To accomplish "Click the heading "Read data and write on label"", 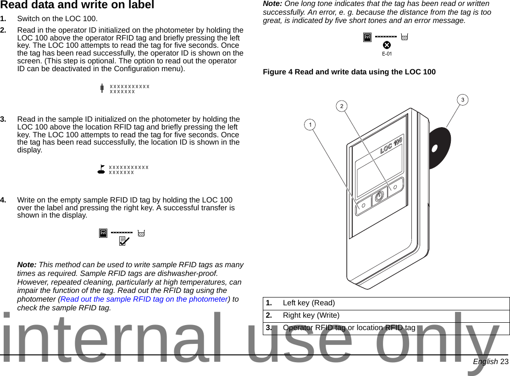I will (77, 5).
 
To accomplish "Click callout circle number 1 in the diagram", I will (310, 124).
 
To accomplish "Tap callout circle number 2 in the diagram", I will (341, 106).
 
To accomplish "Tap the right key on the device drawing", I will (395, 187).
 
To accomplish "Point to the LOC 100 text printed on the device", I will (391, 145).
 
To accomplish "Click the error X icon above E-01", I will (387, 45).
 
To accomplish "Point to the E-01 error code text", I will (387, 54).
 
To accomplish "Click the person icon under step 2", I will (102, 88).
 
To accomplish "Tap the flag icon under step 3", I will (101, 169).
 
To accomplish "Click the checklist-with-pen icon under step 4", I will (124, 240).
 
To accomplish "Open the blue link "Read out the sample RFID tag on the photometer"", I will (144, 299).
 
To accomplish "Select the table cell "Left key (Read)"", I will (309, 303).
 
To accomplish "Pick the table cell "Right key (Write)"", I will (311, 315).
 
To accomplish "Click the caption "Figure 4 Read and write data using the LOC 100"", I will (349, 72).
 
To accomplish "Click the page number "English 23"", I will (491, 362).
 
